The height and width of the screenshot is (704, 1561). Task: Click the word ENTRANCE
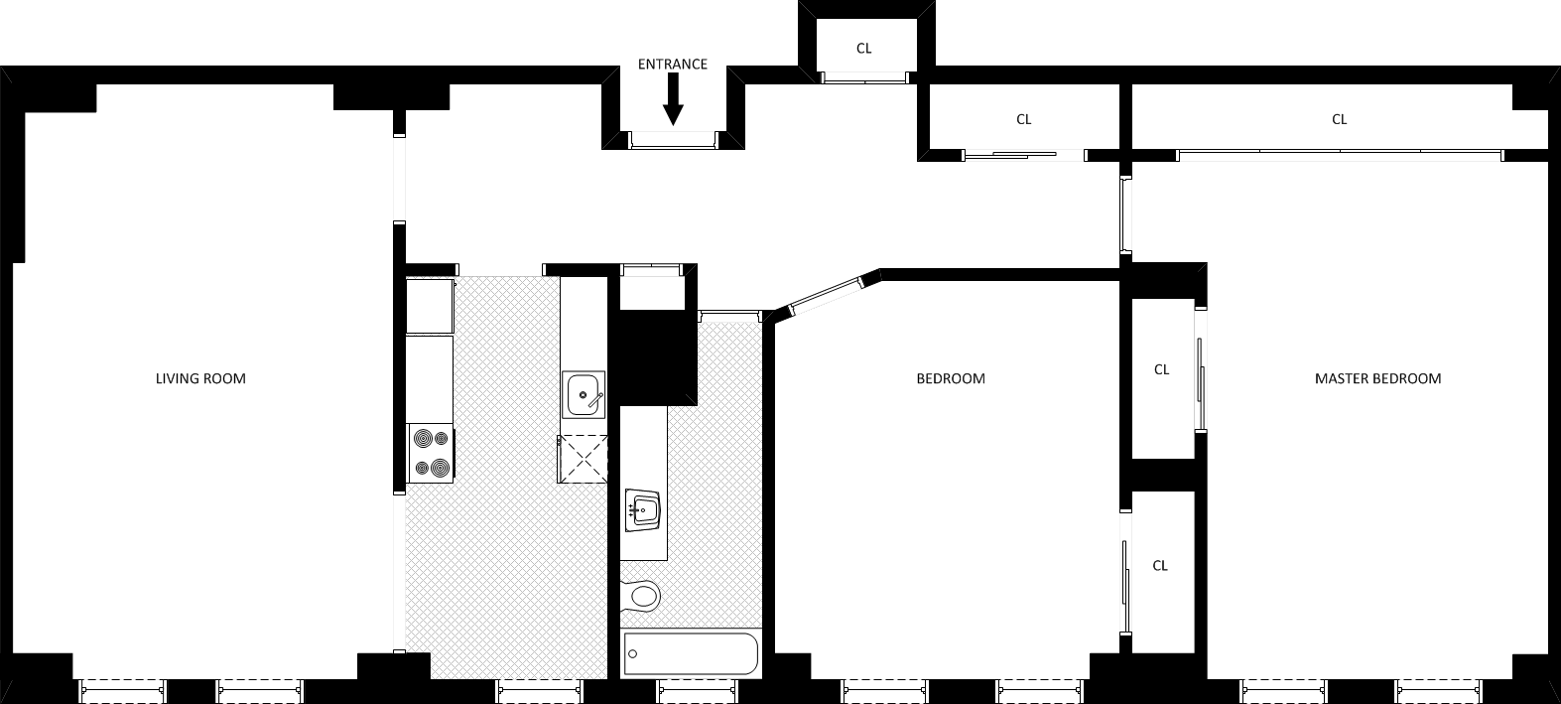pyautogui.click(x=672, y=65)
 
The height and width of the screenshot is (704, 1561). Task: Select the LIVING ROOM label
pyautogui.click(x=200, y=378)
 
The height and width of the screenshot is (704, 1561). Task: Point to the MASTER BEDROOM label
pyautogui.click(x=1377, y=378)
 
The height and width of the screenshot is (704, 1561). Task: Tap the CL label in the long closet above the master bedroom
pyautogui.click(x=1339, y=119)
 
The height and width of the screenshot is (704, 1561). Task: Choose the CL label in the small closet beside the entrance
pyautogui.click(x=863, y=48)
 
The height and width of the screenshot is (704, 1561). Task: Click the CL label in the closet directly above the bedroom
pyautogui.click(x=1023, y=119)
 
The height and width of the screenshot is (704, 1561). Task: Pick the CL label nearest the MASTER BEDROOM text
pyautogui.click(x=1161, y=369)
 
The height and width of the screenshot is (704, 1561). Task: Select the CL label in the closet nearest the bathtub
pyautogui.click(x=1160, y=566)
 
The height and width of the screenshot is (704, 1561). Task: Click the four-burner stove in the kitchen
pyautogui.click(x=430, y=453)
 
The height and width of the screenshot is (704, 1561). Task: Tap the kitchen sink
pyautogui.click(x=584, y=395)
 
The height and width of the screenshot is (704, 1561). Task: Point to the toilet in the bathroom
pyautogui.click(x=642, y=596)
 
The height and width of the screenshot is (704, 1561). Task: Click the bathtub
pyautogui.click(x=691, y=654)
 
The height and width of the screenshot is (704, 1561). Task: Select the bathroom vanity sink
pyautogui.click(x=643, y=511)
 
